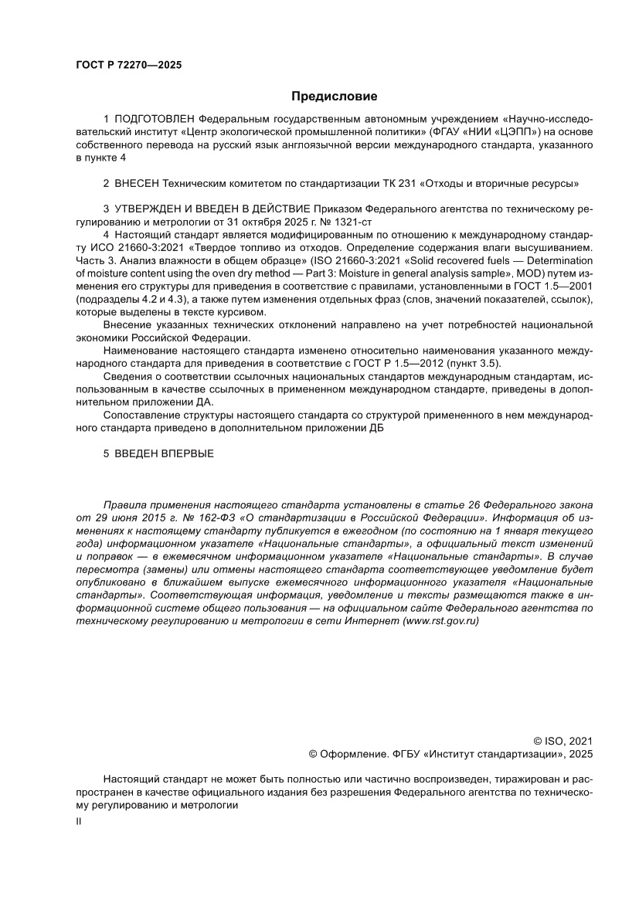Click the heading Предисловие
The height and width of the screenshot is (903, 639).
click(x=334, y=97)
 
